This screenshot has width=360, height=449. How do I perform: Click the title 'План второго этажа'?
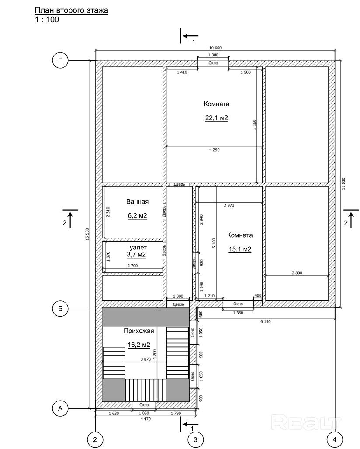coord(71,10)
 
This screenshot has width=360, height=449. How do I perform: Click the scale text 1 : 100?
coord(47,20)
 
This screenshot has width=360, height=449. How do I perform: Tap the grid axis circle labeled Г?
coord(60,60)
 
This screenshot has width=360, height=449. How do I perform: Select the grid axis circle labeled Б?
coord(60,308)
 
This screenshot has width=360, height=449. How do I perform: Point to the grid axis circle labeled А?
coord(60,408)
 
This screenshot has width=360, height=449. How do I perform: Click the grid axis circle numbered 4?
coord(335,439)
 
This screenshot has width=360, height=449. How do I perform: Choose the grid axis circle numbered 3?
coord(196,439)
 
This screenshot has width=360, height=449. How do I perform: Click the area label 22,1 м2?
coord(217,117)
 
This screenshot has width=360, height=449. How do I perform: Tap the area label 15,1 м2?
coord(240,249)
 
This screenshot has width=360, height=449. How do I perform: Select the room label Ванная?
coord(138,202)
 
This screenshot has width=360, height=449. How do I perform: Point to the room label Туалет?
coord(136,247)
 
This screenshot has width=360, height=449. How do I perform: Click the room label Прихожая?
coord(139,331)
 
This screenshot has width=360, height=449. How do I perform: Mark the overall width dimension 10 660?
coord(215,48)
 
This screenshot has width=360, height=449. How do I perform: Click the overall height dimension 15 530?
coord(88,234)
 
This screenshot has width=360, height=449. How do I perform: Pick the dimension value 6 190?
coord(266,321)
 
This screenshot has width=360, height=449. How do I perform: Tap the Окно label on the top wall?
coord(213,63)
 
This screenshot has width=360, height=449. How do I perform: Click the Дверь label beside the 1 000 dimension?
coord(178,304)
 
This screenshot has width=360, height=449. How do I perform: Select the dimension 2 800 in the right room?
coord(297,273)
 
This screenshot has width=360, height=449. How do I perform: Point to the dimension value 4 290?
coord(215,149)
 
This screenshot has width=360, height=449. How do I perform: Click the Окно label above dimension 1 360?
coord(238,304)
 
